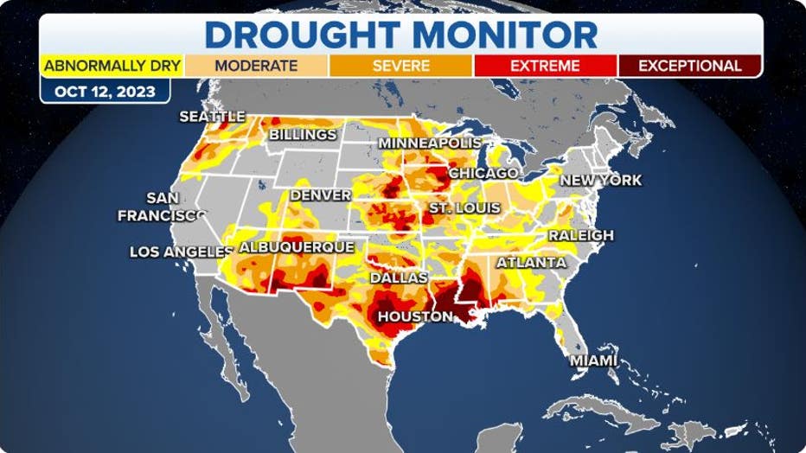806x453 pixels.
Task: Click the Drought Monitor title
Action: coord(401,34)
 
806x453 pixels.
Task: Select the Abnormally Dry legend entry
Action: coord(112,66)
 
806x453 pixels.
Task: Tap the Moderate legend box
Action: coord(256,66)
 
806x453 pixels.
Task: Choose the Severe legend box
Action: coord(400,66)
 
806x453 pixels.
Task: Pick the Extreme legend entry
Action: coord(545,66)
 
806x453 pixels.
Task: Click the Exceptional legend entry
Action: coord(689,66)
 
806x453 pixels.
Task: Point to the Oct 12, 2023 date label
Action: coord(105,91)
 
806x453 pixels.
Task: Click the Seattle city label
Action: coord(212,116)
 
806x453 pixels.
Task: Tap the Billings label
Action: coord(303,135)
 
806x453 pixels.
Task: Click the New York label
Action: coord(601,180)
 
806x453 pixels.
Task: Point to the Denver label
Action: coord(320,195)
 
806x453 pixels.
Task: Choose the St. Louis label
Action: coord(464,208)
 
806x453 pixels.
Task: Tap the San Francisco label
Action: coord(162,207)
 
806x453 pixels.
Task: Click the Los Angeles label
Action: coord(181,252)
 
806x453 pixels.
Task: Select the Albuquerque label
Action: coord(296,247)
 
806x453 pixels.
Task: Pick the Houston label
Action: coord(415,316)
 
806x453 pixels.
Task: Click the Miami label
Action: coord(592,360)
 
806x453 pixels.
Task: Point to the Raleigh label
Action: coord(580,235)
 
